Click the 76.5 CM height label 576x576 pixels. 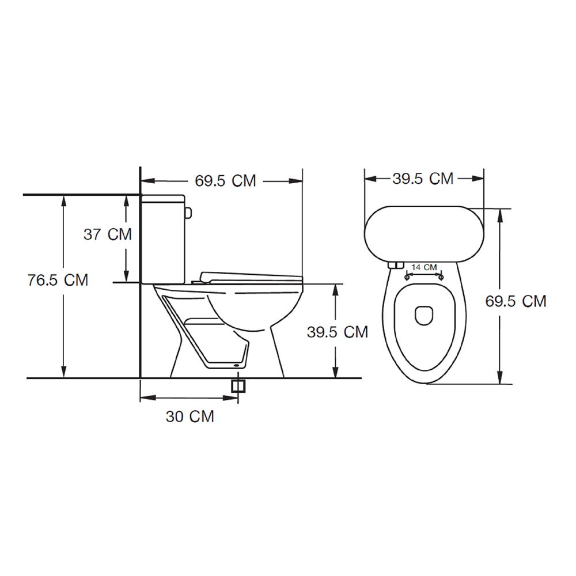[58, 281]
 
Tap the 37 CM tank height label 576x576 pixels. [108, 234]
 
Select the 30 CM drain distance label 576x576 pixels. [190, 416]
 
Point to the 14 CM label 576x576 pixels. [425, 267]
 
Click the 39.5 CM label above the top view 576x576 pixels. [423, 179]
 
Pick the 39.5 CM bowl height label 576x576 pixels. [338, 332]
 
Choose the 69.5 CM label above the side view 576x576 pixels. [225, 181]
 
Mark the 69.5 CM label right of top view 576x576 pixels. [516, 301]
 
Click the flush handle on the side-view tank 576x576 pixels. [188, 213]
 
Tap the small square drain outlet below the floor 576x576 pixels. [238, 386]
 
